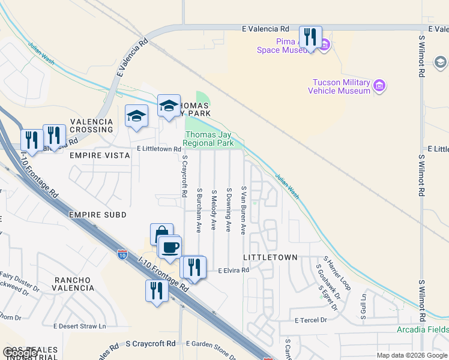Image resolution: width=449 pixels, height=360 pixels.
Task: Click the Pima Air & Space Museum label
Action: pyautogui.click(x=277, y=46)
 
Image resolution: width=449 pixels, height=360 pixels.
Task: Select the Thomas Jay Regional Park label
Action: pyautogui.click(x=208, y=139)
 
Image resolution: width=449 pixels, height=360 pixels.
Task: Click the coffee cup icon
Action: pyautogui.click(x=170, y=247)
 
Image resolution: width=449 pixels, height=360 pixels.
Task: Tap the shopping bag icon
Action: pyautogui.click(x=161, y=235)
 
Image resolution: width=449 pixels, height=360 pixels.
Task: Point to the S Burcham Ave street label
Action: pyautogui.click(x=199, y=210)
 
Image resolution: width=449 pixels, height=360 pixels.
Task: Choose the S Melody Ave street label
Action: pyautogui.click(x=214, y=210)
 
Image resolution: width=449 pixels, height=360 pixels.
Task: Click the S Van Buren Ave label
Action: pyautogui.click(x=244, y=210)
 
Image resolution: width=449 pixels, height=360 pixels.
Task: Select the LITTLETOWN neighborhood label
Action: pyautogui.click(x=270, y=257)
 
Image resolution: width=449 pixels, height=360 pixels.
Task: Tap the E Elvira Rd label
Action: pyautogui.click(x=233, y=271)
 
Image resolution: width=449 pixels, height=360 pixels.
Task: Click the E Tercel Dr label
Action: pyautogui.click(x=310, y=320)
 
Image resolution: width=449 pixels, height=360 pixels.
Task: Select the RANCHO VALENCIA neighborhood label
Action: pyautogui.click(x=74, y=284)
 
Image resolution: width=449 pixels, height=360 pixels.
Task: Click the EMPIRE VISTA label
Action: pyautogui.click(x=100, y=155)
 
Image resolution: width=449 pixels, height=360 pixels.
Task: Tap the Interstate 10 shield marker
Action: pyautogui.click(x=122, y=254)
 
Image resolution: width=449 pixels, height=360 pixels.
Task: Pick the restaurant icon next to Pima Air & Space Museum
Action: pyautogui.click(x=310, y=37)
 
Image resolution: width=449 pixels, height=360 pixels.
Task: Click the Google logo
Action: pyautogui.click(x=21, y=353)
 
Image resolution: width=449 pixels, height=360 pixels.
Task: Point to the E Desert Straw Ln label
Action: pyautogui.click(x=79, y=326)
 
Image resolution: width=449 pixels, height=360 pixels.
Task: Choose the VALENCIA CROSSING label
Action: pyautogui.click(x=92, y=125)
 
